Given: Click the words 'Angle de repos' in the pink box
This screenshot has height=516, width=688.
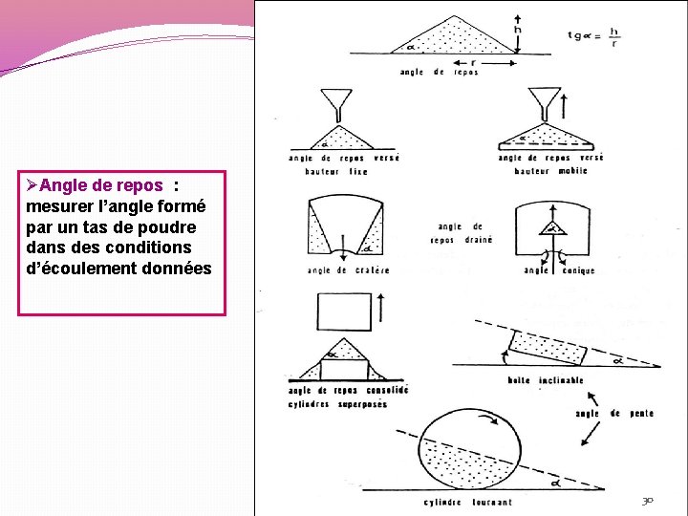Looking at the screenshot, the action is coord(102,185).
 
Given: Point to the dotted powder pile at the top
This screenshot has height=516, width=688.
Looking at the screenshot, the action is coord(450,38).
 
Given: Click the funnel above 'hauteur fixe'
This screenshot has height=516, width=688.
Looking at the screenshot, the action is coord(335,100).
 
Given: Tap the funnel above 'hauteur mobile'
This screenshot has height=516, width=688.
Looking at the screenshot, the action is coord(547,100).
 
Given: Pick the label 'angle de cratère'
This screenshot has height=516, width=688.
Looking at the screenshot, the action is coord(348,270).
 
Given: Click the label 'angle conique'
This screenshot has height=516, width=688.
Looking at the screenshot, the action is coord(559,270).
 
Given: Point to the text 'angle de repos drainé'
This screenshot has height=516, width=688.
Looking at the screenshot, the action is coord(462,234).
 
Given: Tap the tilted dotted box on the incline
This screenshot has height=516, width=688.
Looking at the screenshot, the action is coord(548,348).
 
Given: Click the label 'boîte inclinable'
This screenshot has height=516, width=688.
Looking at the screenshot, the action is coord(546,380).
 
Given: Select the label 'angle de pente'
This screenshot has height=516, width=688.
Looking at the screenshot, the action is coord(614,413).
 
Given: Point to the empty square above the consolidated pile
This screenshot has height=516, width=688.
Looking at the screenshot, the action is coord(343,312).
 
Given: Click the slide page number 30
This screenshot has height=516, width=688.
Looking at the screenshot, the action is coord(648,501).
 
